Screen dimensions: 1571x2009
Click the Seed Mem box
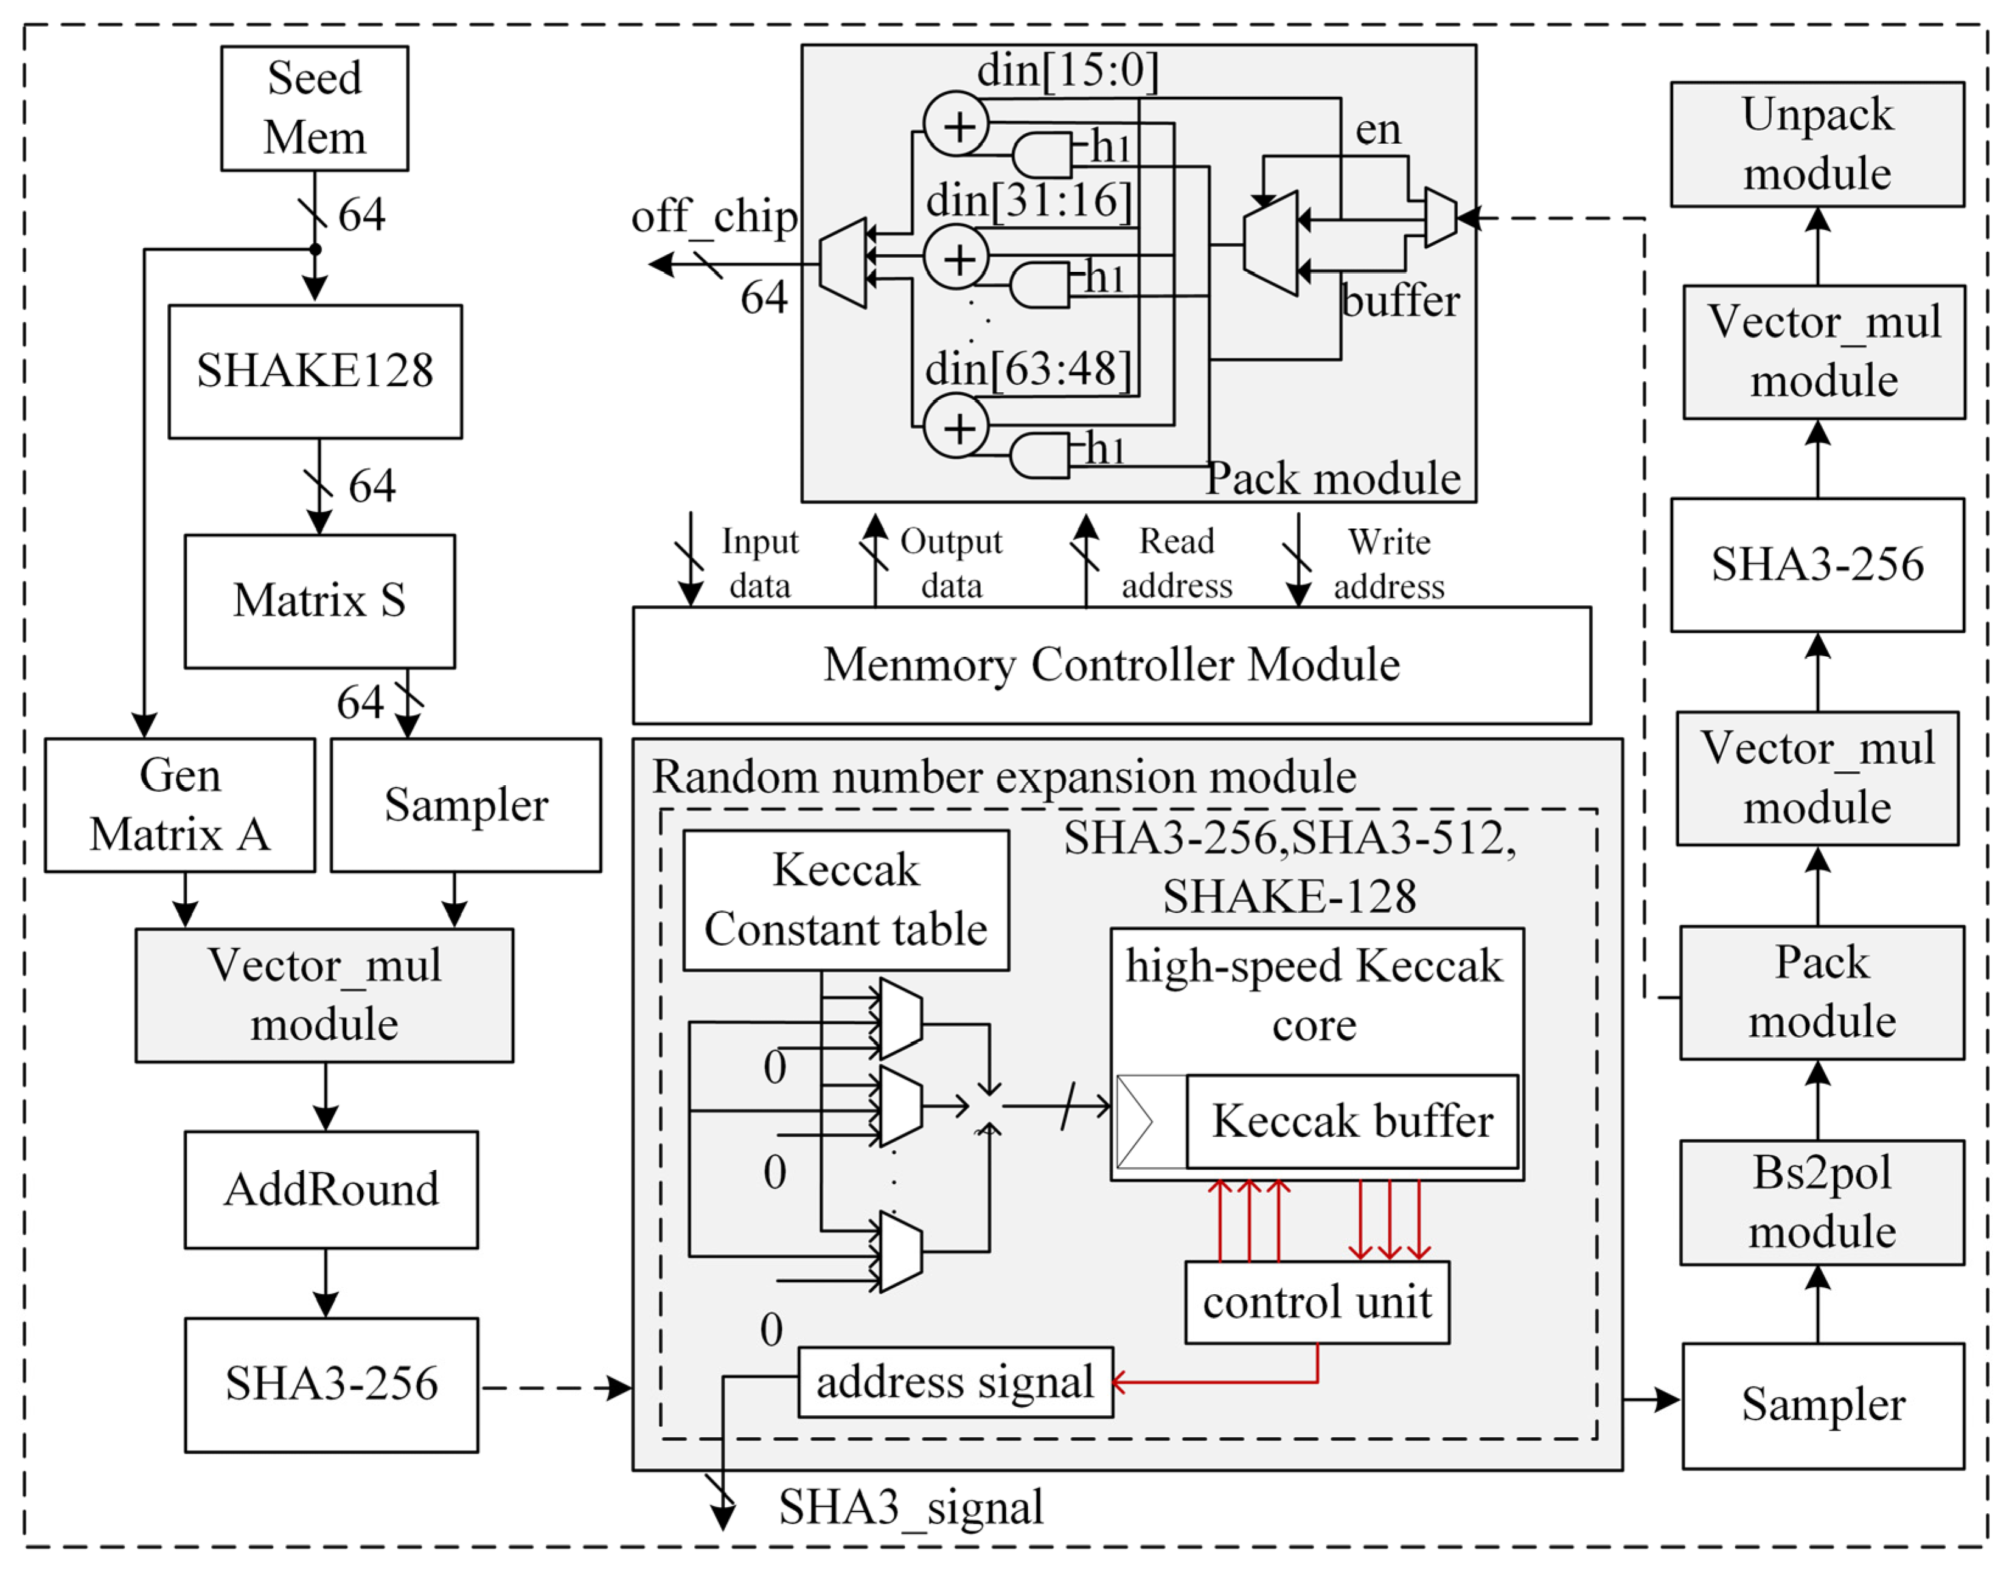coord(315,108)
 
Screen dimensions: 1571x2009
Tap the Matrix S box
coord(319,602)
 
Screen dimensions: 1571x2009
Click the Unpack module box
coord(1818,144)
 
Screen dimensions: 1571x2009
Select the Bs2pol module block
coord(1822,1203)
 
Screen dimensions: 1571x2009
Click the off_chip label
coord(714,218)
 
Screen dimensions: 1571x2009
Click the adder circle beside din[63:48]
coord(956,427)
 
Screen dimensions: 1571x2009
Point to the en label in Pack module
coord(1378,130)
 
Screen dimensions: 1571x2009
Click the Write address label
coord(1389,564)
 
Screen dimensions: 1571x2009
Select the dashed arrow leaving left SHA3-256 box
coord(555,1388)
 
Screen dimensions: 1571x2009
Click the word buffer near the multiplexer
coord(1400,302)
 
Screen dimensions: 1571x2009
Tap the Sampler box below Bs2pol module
coord(1823,1406)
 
